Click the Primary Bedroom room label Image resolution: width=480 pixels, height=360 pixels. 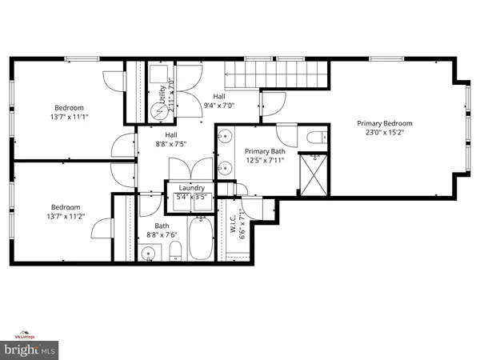(x=385, y=123)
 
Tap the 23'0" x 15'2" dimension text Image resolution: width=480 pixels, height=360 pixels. (x=385, y=134)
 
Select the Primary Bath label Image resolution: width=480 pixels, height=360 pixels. (x=264, y=150)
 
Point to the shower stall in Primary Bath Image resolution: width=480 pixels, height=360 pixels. (x=314, y=171)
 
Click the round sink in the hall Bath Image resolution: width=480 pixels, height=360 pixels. (x=147, y=254)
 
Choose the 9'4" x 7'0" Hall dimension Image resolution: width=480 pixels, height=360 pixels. (x=218, y=105)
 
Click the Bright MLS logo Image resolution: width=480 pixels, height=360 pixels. (x=31, y=350)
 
